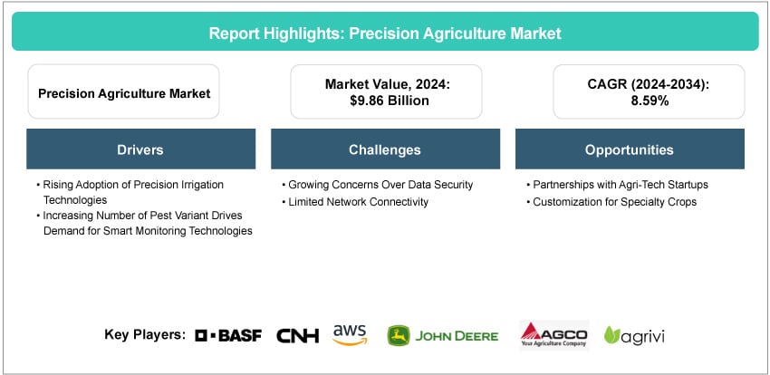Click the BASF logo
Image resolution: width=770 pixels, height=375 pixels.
(228, 335)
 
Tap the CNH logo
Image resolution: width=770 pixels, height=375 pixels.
(298, 335)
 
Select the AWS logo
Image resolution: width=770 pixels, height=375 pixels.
(350, 335)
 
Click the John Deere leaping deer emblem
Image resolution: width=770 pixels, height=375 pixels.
(399, 336)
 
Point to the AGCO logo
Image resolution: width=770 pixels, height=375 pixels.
(553, 335)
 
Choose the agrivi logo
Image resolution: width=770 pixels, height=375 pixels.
(634, 336)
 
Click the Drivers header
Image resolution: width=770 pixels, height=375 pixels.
(140, 149)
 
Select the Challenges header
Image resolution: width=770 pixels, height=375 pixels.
(385, 149)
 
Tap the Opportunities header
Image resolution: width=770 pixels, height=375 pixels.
(630, 149)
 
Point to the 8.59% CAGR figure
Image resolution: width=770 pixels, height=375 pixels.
(649, 101)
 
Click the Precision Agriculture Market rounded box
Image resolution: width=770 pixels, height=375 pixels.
(124, 91)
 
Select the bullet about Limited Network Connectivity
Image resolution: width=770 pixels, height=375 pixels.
(355, 202)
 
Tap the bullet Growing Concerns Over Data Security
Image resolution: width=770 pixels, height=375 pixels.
(377, 185)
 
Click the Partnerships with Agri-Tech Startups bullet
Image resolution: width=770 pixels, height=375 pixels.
(617, 185)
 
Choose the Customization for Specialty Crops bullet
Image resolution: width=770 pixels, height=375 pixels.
(611, 202)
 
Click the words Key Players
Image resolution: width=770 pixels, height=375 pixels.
(145, 335)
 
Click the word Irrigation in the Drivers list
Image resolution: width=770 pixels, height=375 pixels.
(200, 185)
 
